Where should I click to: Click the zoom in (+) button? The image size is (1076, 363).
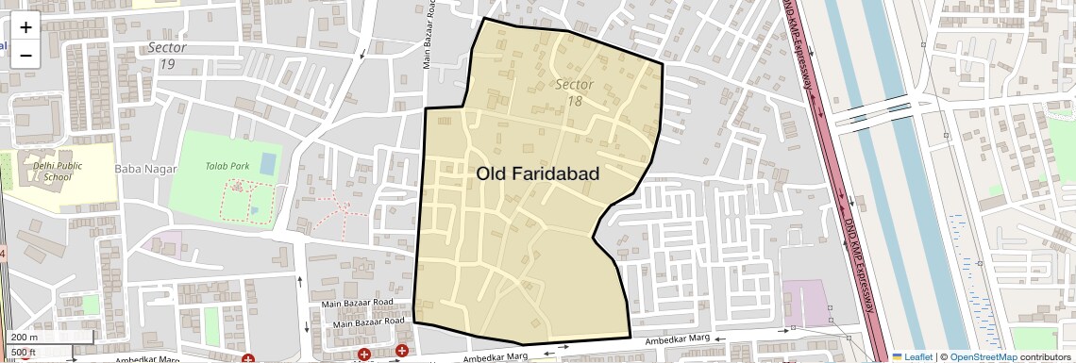pos(25,27)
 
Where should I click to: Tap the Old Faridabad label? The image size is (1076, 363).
pos(538,173)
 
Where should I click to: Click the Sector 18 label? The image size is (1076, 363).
pos(574,91)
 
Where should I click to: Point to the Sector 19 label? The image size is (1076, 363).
pos(167,56)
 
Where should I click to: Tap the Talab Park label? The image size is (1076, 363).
pos(227,166)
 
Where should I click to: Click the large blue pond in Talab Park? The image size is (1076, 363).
pos(268,163)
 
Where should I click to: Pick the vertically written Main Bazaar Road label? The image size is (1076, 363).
pos(429,36)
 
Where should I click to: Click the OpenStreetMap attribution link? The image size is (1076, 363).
pos(983,356)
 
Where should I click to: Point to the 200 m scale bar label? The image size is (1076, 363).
pos(25,338)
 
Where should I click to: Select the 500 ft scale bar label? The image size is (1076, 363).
pos(24,353)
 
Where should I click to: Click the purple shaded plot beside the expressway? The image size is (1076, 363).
pos(804,302)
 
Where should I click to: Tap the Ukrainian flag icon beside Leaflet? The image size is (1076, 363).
pos(898,356)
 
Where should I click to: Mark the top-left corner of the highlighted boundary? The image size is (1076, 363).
pos(426,109)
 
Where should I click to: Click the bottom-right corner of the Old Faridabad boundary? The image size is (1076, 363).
pos(629,337)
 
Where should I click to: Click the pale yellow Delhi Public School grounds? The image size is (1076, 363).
pos(90,184)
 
